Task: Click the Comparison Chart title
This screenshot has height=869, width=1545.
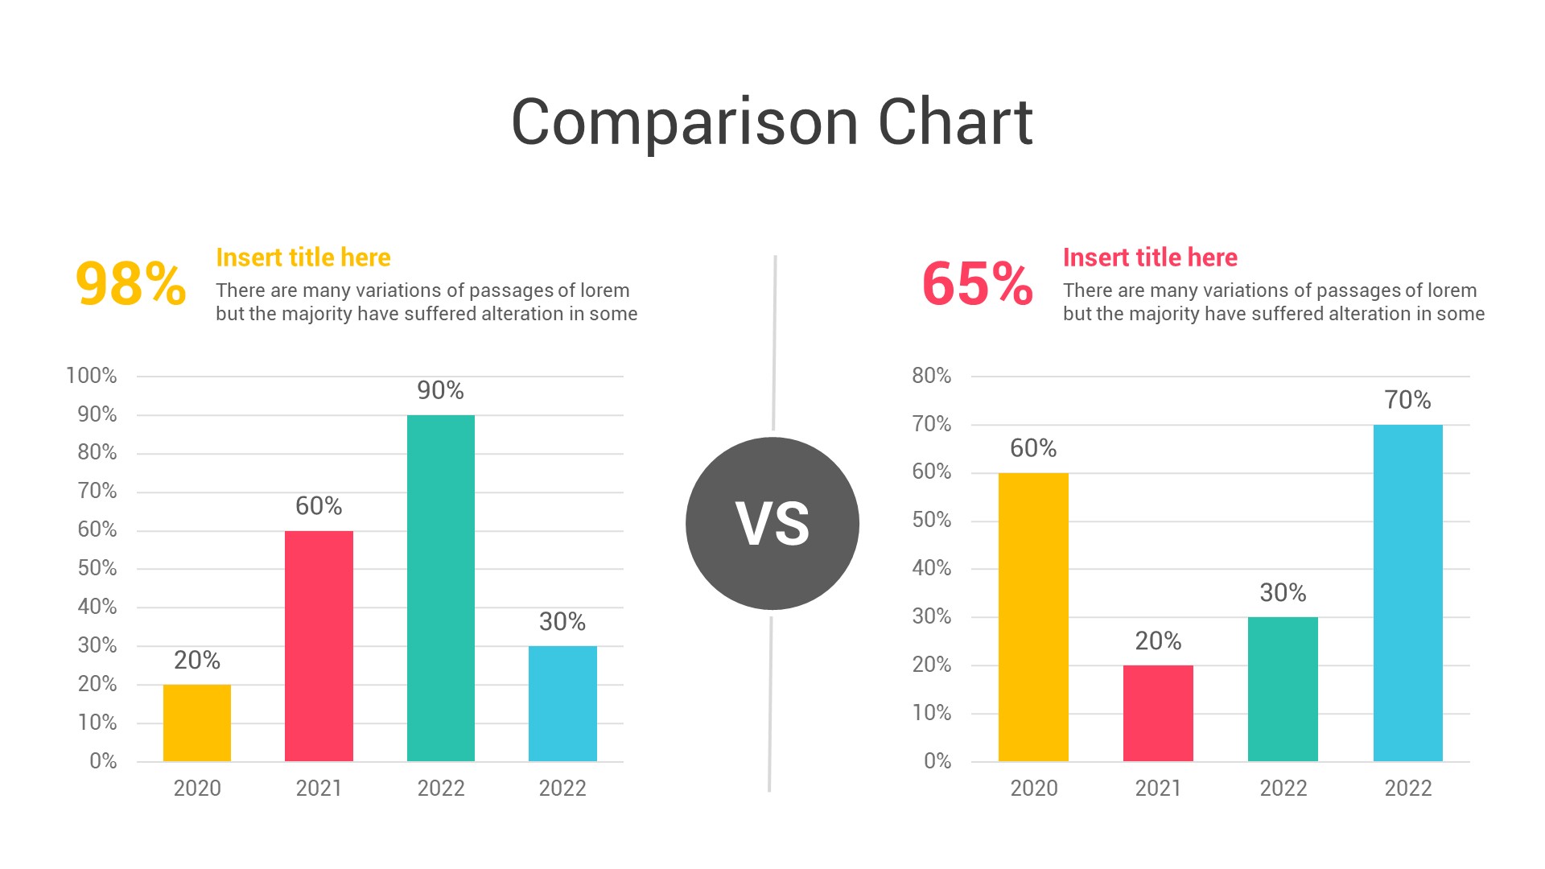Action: click(x=772, y=122)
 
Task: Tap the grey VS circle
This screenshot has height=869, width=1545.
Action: click(x=772, y=524)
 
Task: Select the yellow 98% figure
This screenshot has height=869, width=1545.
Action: click(x=130, y=284)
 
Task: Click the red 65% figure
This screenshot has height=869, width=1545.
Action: click(x=977, y=284)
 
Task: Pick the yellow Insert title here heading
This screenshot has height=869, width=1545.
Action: click(x=303, y=257)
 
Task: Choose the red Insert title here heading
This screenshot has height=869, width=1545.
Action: click(x=1150, y=257)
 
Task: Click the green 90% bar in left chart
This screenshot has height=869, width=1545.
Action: click(x=441, y=587)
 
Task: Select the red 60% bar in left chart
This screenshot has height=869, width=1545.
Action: click(x=319, y=645)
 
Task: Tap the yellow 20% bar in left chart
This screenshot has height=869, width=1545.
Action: click(x=197, y=723)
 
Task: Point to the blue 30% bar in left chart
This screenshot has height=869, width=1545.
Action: click(x=562, y=703)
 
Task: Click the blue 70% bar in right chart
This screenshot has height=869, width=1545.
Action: click(x=1407, y=593)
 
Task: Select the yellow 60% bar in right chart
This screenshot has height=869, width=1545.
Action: click(x=1033, y=617)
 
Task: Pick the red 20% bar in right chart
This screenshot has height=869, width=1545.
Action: click(x=1158, y=713)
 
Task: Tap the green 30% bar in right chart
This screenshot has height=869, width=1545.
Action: click(x=1283, y=689)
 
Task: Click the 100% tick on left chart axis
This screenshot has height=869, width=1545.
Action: click(x=91, y=376)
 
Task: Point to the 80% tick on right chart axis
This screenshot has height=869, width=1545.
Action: click(x=931, y=376)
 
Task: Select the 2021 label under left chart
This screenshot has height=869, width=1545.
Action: click(x=319, y=788)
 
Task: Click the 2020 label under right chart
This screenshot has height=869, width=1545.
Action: click(x=1034, y=788)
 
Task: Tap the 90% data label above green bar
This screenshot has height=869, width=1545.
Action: click(x=440, y=391)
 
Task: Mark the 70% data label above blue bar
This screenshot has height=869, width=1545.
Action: click(x=1407, y=400)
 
